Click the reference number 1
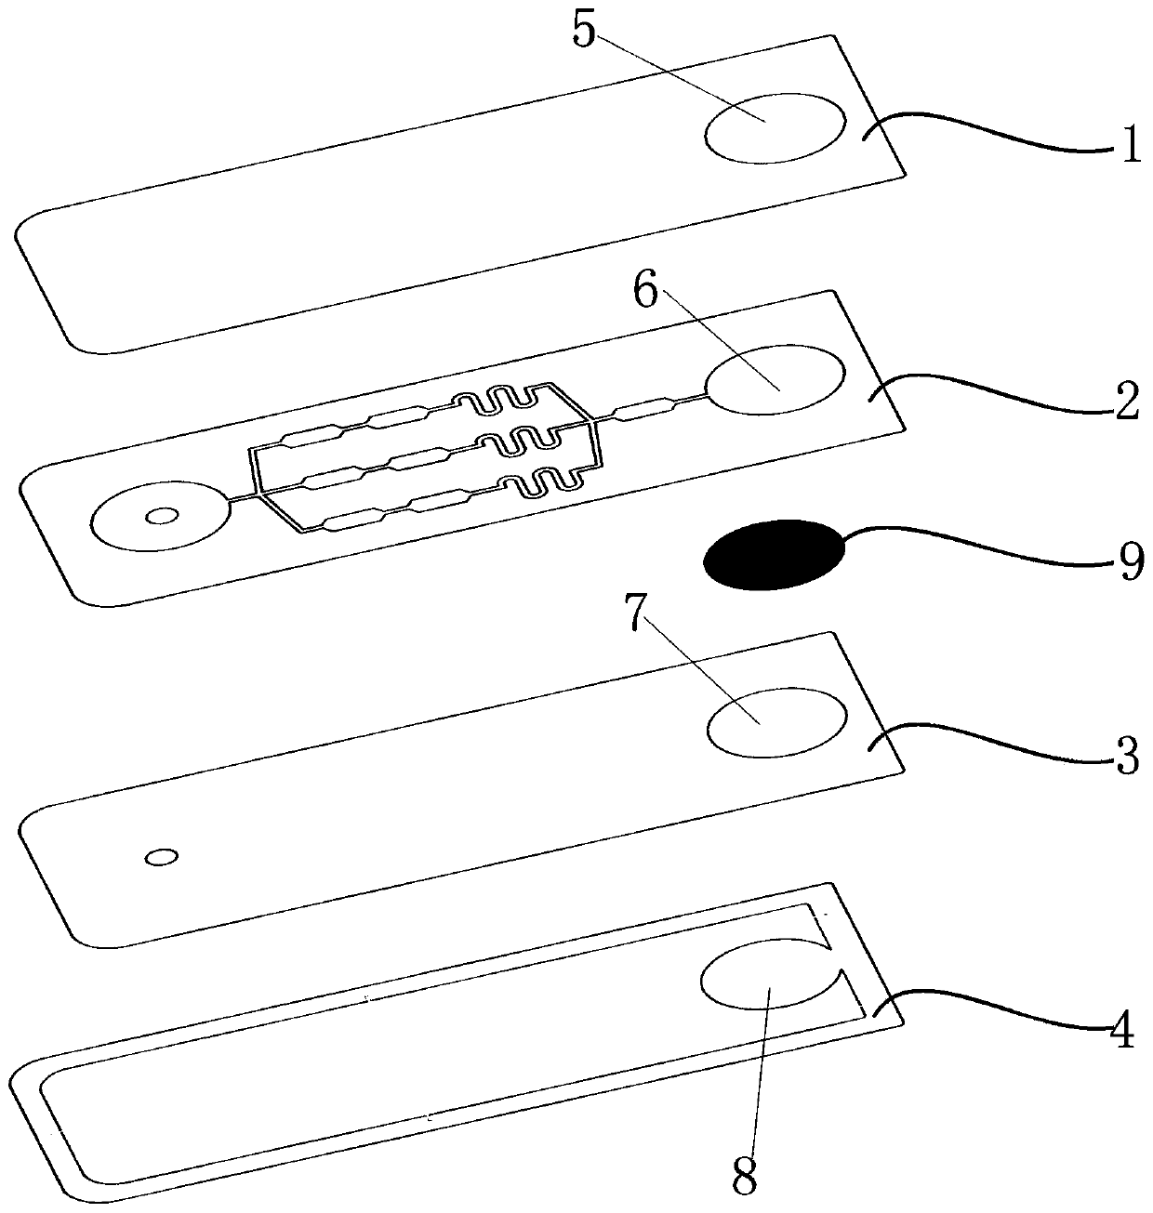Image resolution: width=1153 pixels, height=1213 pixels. tap(1130, 143)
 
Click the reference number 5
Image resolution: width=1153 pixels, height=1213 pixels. tap(583, 29)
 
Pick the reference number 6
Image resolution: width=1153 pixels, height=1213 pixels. tap(645, 290)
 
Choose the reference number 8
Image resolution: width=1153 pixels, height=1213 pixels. tap(745, 1177)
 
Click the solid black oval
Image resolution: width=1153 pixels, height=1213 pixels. tap(775, 554)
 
